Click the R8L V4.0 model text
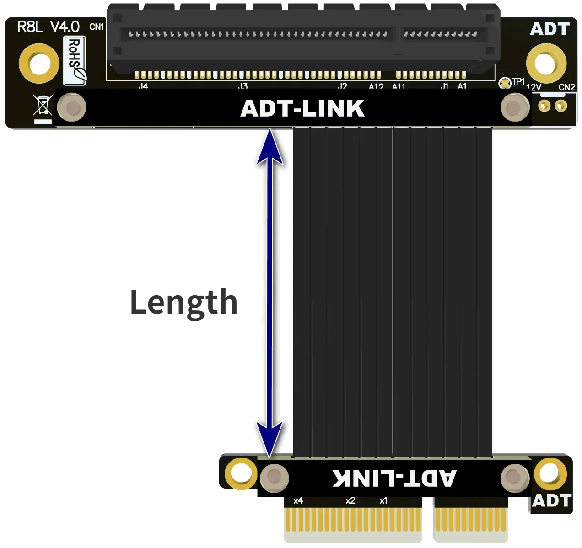pos(48,27)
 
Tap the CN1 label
pos(97,27)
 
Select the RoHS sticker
pos(75,60)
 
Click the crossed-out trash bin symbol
pos(43,106)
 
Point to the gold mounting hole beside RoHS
pos(39,63)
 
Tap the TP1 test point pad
pos(505,83)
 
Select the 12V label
pos(533,87)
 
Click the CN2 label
pos(566,87)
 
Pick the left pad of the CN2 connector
pos(544,106)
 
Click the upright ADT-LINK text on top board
pos(302,109)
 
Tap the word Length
pos(183,303)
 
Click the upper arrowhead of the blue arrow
pos(270,146)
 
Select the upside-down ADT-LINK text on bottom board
pos(394,478)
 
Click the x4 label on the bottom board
pos(298,501)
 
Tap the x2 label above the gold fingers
pos(350,501)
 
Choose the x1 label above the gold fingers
pos(383,501)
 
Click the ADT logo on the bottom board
pos(552,500)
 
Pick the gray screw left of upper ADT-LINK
pos(72,108)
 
